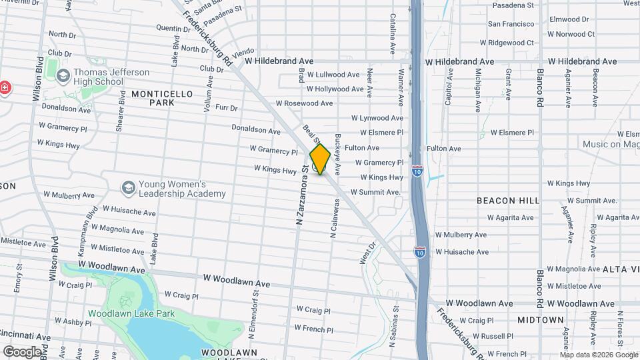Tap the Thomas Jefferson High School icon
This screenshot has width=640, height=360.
(63, 77)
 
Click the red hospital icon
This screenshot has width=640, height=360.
(5, 88)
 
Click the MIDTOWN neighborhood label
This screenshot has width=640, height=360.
(540, 320)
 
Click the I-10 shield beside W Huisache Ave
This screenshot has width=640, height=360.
(419, 251)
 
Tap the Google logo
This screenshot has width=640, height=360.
(22, 351)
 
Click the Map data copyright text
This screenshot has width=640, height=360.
(597, 354)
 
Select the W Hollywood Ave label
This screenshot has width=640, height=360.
(336, 89)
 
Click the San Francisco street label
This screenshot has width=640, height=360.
(511, 23)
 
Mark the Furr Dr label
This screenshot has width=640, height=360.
(226, 107)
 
